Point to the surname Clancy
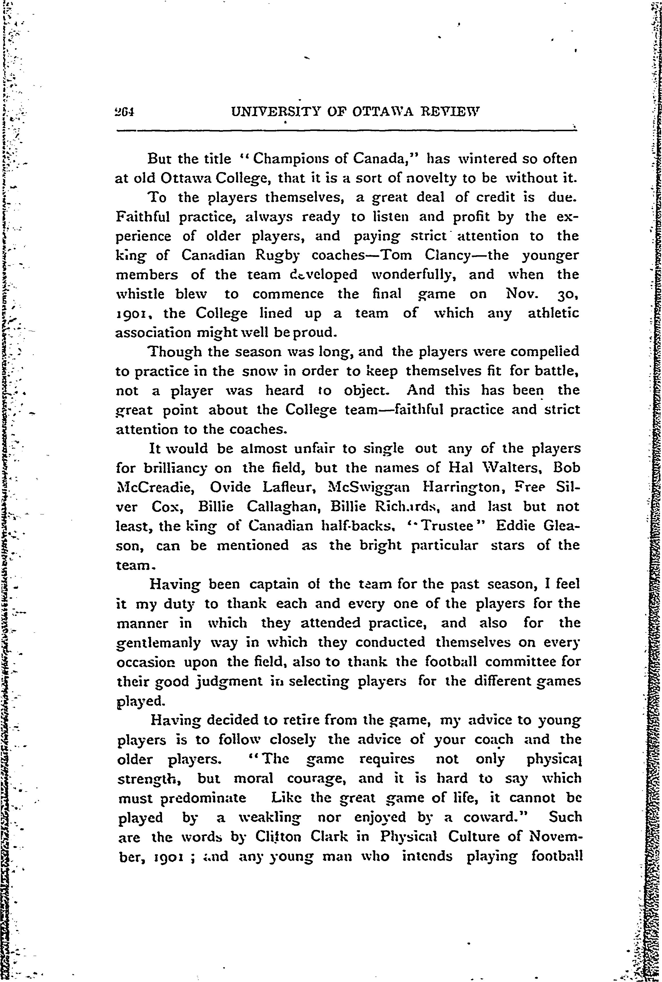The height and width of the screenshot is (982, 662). pyautogui.click(x=462, y=256)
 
